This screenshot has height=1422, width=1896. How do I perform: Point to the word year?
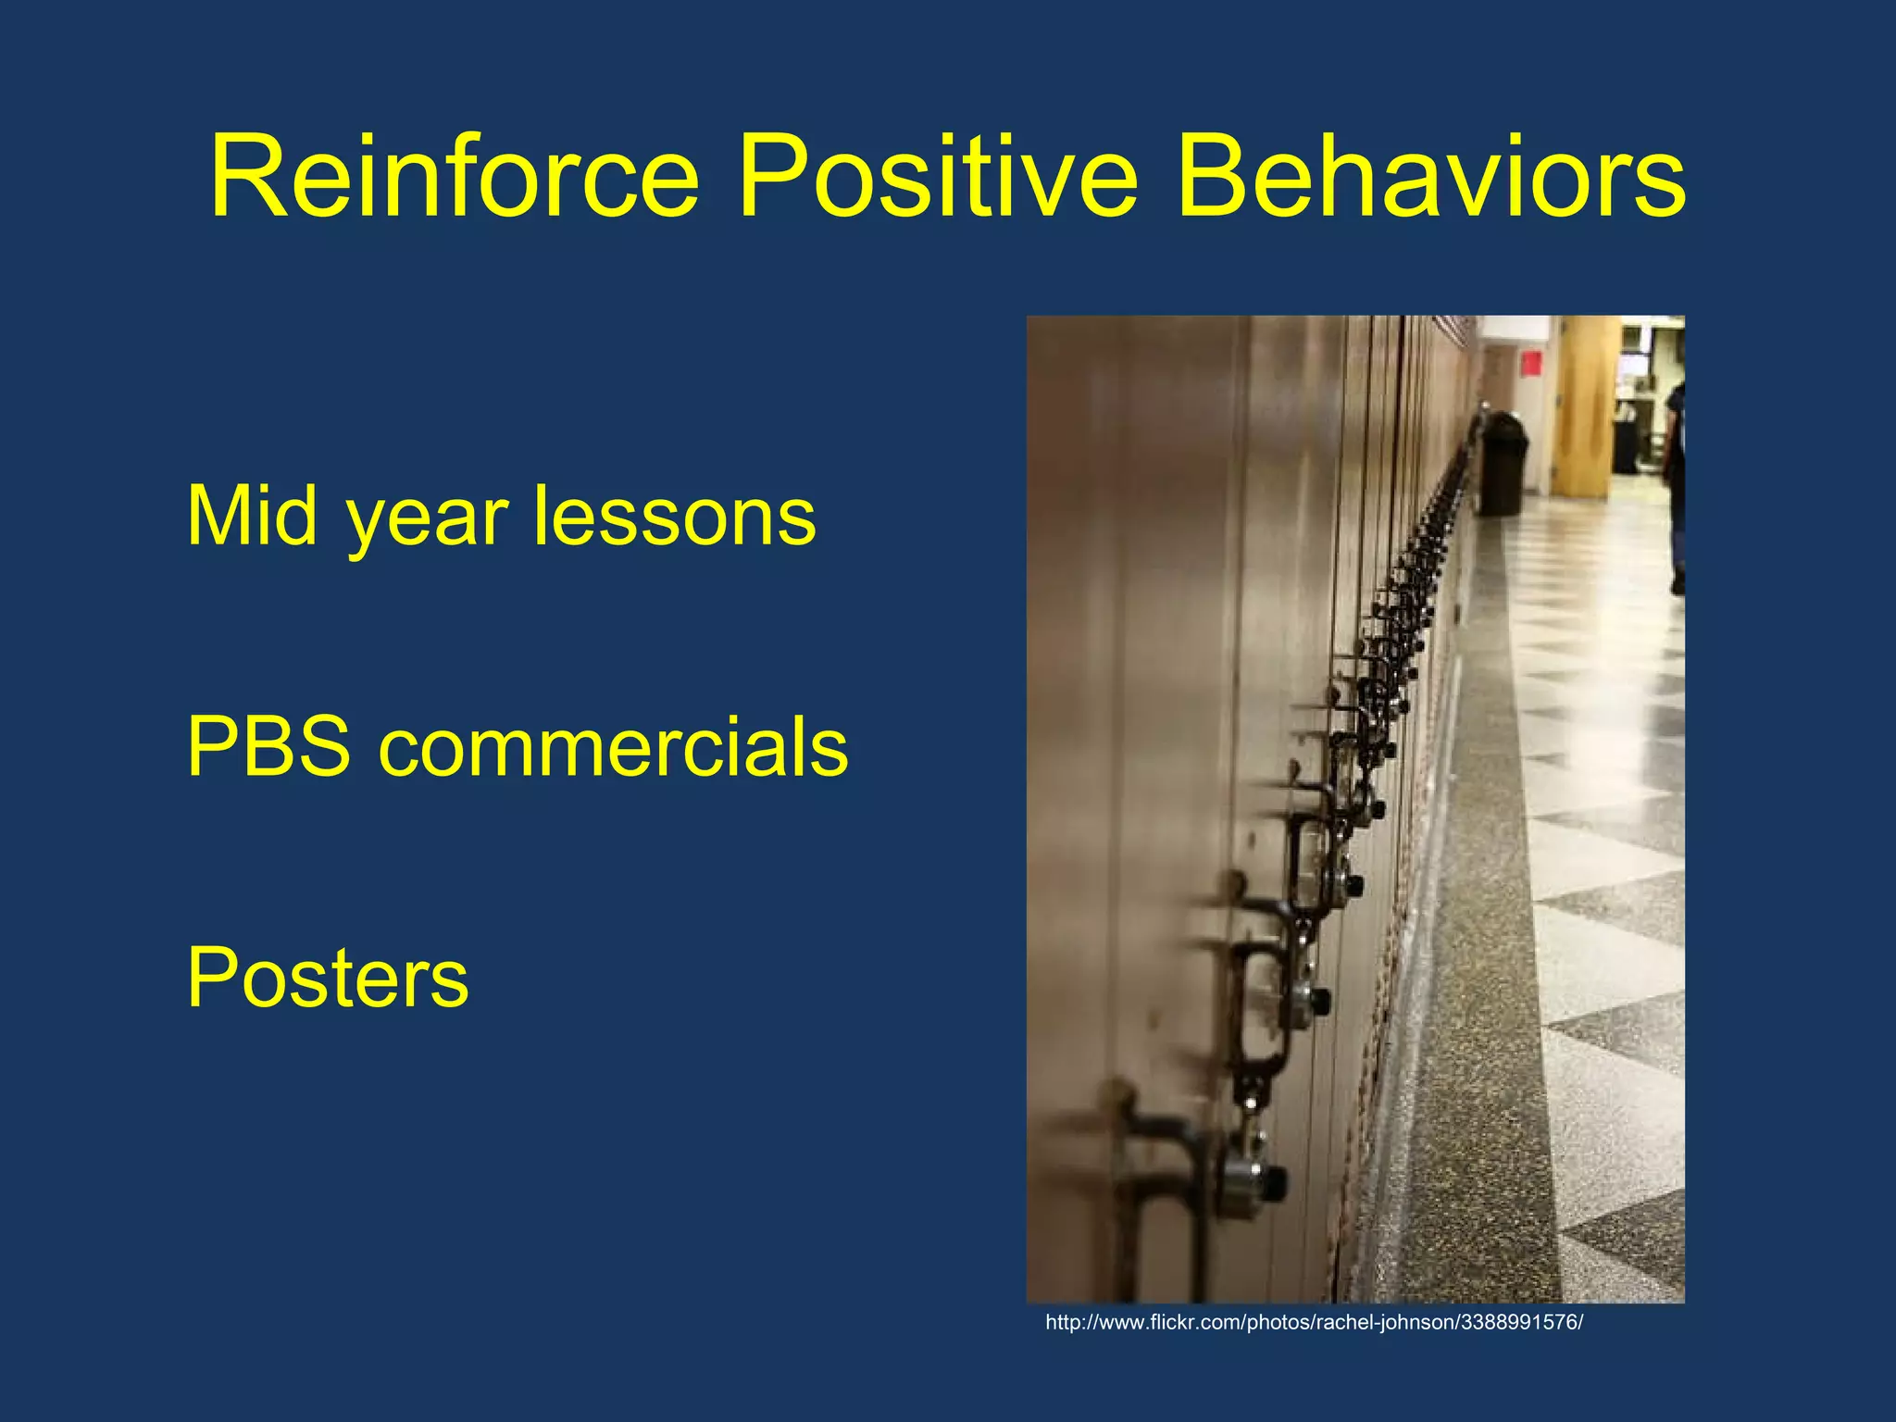(x=427, y=523)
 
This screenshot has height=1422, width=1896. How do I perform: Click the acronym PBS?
(x=268, y=746)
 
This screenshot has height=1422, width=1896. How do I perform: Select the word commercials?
(x=613, y=746)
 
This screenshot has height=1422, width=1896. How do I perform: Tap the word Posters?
(x=328, y=978)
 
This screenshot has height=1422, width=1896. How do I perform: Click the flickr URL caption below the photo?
(x=1314, y=1323)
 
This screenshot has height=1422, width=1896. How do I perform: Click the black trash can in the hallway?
(x=1502, y=466)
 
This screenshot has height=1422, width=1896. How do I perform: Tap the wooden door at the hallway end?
(x=1586, y=407)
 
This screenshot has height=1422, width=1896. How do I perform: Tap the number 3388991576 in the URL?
(x=1519, y=1323)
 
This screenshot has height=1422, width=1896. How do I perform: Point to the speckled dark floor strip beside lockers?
(x=1481, y=1018)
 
